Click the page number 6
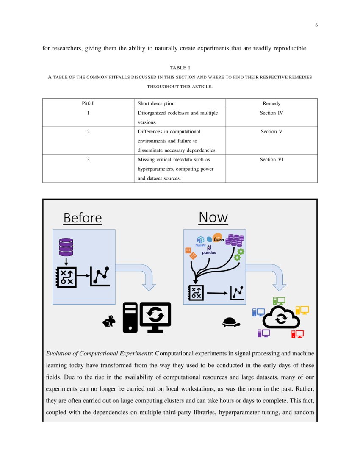pos(316,25)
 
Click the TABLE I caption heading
pos(180,68)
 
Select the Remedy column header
pos(271,103)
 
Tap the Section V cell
pos(271,131)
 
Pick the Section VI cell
pos(271,159)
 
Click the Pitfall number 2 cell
pos(88,131)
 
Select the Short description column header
pos(156,103)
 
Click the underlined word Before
pos(83,218)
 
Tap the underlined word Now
pos(213,217)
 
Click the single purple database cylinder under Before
pos(66,247)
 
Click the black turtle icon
pos(231,323)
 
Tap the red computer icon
pos(297,333)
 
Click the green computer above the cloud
pos(279,301)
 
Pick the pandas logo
pos(209,250)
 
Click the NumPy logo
pos(200,241)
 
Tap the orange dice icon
pos(190,253)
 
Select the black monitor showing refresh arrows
pos(155,316)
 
